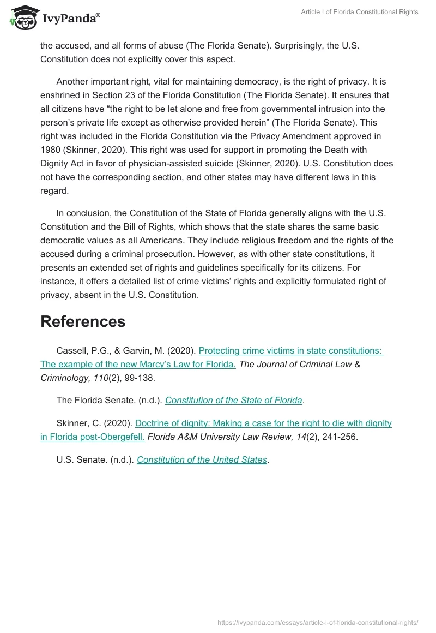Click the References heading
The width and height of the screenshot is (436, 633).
point(83,321)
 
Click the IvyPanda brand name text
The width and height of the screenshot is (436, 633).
point(71,19)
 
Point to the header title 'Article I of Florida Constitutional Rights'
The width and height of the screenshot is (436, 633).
point(359,12)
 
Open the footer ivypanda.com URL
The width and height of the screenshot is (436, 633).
point(318,622)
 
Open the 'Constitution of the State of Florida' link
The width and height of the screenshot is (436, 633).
point(234,400)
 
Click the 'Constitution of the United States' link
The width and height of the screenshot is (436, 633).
point(202,459)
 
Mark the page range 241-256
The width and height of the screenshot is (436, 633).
point(340,436)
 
